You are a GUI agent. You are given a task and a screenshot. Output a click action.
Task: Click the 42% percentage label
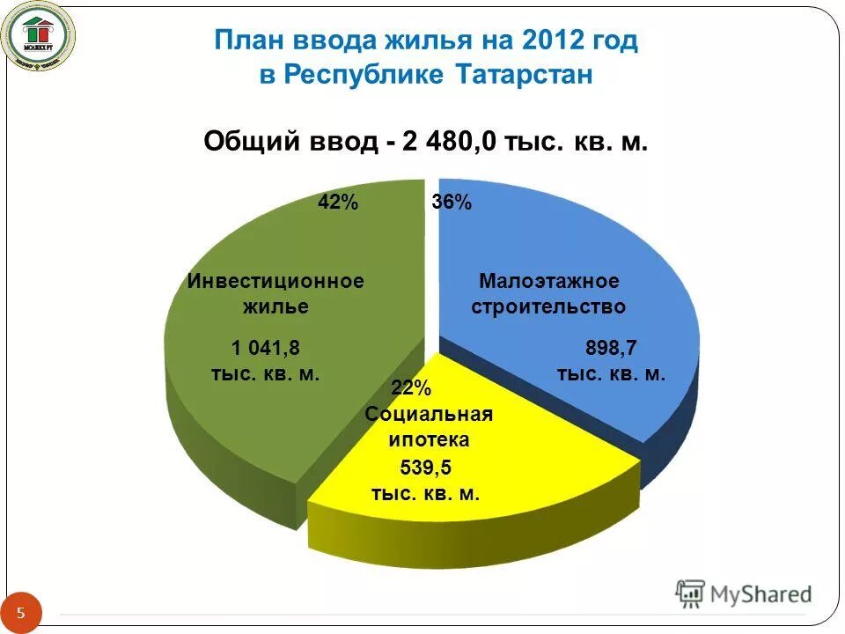(x=338, y=203)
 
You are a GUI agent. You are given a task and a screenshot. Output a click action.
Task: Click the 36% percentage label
(x=452, y=203)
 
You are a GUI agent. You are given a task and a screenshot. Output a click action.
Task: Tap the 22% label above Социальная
(x=411, y=388)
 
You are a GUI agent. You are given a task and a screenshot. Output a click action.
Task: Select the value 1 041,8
(x=265, y=347)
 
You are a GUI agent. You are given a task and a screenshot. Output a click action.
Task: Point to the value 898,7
(x=612, y=347)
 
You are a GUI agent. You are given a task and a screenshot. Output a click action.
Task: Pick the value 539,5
(x=426, y=467)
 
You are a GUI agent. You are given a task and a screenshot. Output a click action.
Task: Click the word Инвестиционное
(x=276, y=281)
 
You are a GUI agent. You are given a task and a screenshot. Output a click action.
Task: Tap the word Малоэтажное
(x=549, y=281)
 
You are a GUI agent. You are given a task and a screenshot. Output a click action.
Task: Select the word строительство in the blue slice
(x=549, y=306)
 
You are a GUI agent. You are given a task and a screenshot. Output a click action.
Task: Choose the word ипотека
(x=428, y=439)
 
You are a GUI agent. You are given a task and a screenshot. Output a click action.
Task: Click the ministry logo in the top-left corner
(x=39, y=36)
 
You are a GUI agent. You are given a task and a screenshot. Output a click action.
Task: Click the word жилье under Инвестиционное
(x=276, y=306)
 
